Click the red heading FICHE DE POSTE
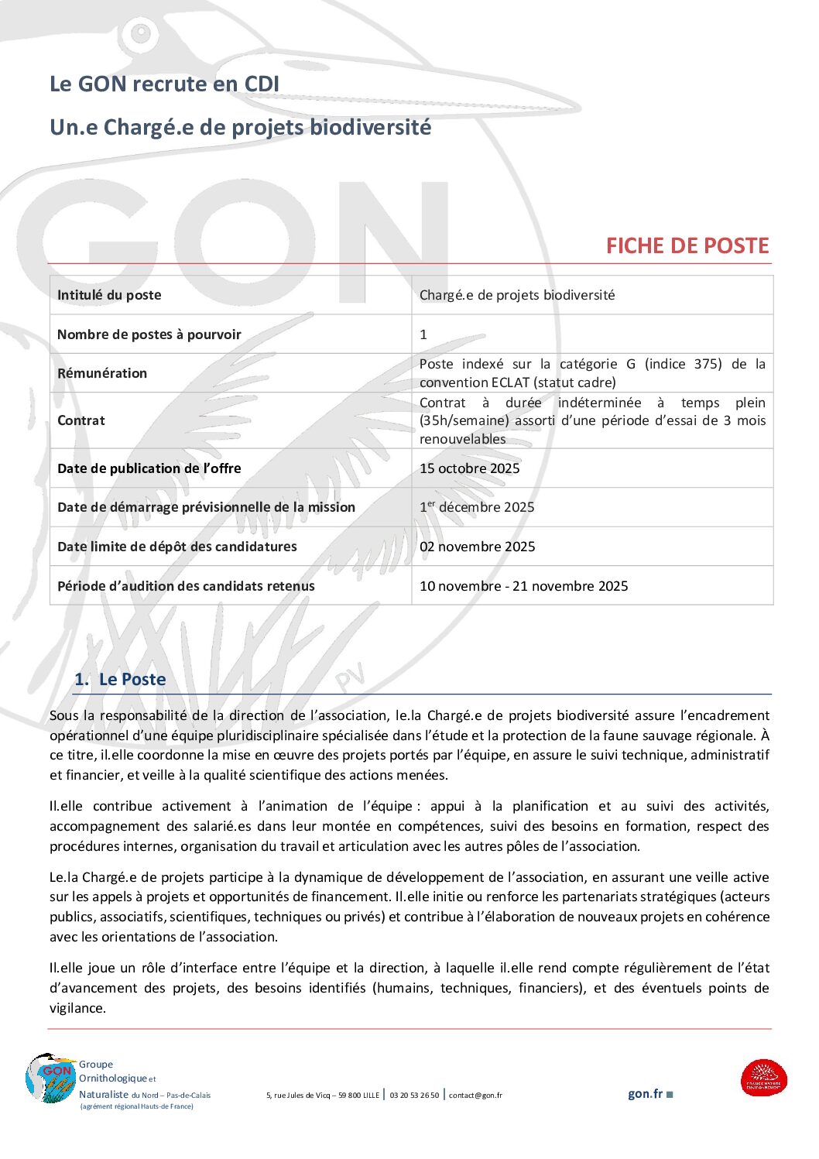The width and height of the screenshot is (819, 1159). click(687, 246)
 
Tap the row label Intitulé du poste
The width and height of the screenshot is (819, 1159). click(109, 295)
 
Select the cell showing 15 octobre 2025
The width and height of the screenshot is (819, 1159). click(469, 468)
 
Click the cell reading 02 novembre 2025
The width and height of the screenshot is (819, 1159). click(477, 547)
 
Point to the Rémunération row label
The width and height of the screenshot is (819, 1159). click(102, 373)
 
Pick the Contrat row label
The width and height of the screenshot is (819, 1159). click(81, 420)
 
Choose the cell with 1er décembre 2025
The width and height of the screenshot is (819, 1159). click(477, 507)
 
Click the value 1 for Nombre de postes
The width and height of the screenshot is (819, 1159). click(423, 334)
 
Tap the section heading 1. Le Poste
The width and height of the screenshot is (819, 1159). click(121, 680)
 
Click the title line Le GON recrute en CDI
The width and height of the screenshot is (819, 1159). click(164, 84)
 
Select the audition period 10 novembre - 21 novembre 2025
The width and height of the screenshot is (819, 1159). click(523, 586)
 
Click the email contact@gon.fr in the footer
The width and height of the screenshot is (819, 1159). click(475, 1096)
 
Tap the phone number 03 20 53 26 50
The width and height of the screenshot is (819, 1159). click(414, 1096)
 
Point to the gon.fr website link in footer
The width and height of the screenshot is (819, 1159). click(646, 1094)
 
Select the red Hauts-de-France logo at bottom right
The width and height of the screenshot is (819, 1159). click(763, 1078)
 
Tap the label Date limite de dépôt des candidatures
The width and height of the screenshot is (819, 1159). click(177, 547)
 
